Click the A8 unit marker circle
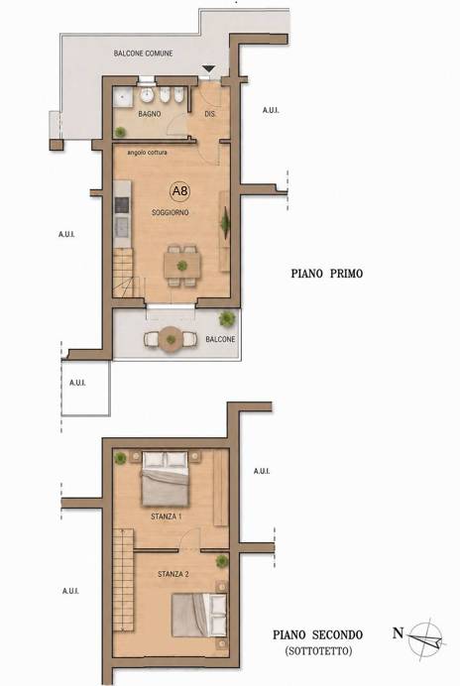coord(179,191)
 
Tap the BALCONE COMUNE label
coord(143,54)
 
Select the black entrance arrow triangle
coord(209,69)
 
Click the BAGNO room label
coord(149,114)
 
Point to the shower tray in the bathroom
coord(122,97)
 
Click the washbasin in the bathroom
coord(146,95)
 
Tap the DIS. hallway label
coord(210,114)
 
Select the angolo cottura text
coord(147,153)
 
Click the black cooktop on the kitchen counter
coord(122,205)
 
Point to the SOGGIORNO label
coord(171,212)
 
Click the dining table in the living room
coord(182,266)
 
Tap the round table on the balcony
coord(171,339)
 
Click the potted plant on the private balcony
coord(227,318)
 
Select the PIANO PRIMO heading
coord(327,274)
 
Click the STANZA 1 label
coord(167,516)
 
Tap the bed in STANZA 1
coord(166,479)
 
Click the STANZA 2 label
coord(173,574)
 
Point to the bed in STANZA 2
coord(199,616)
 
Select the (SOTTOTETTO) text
coord(318,651)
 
